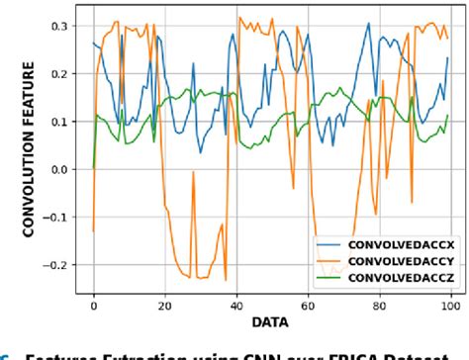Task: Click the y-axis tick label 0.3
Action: pyautogui.click(x=56, y=27)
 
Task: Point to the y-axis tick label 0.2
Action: pyautogui.click(x=56, y=74)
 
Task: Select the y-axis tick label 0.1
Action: pyautogui.click(x=56, y=123)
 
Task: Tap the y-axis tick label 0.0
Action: pyautogui.click(x=56, y=170)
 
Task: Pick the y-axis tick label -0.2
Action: pyautogui.click(x=53, y=266)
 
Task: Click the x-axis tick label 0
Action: pyautogui.click(x=94, y=307)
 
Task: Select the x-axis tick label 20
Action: pyautogui.click(x=164, y=307)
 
